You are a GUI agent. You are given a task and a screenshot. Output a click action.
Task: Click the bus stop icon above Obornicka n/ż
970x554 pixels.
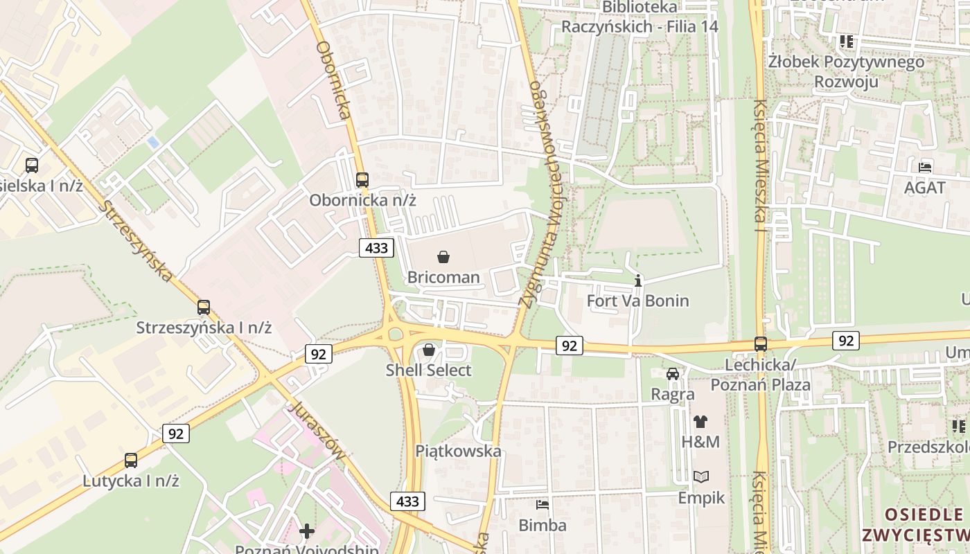[362, 180]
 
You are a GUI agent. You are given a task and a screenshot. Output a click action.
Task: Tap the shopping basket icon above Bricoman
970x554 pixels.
[443, 257]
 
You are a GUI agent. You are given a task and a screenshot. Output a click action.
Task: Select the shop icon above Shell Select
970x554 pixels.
[429, 350]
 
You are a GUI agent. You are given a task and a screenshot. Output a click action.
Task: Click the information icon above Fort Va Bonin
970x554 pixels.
[638, 280]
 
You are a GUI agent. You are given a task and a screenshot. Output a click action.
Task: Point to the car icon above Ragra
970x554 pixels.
[672, 374]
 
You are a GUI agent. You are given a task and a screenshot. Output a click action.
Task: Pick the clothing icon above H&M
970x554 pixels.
[700, 421]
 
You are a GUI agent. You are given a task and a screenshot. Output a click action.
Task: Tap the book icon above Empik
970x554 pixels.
[701, 476]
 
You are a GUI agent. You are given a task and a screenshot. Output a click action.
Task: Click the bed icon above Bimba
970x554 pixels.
[543, 505]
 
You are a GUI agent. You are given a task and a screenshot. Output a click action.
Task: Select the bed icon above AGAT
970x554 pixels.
[924, 167]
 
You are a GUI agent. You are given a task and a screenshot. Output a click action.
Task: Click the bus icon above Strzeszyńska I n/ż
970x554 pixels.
[203, 307]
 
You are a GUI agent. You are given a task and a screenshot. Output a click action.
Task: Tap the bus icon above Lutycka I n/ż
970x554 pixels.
[131, 460]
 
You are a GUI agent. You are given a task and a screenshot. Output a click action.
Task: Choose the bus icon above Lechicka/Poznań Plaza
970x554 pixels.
[760, 343]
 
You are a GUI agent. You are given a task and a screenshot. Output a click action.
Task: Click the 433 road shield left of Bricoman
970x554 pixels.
[377, 247]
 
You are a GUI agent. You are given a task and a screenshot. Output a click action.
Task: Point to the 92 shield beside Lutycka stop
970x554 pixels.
[176, 434]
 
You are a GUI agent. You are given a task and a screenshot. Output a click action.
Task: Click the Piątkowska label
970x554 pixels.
[458, 451]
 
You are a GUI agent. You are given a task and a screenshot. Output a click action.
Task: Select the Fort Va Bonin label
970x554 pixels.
[637, 301]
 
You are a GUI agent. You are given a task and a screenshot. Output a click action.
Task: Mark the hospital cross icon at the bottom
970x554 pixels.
[306, 531]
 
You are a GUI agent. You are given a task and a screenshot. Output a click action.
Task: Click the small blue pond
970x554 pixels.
[153, 143]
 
